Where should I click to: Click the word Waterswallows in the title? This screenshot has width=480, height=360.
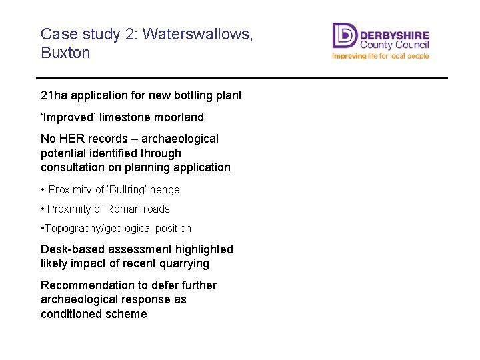click(x=197, y=34)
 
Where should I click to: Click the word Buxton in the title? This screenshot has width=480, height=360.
click(x=65, y=53)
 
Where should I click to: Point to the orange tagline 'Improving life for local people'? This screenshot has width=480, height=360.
click(x=381, y=57)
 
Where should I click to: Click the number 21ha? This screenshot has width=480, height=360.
click(x=54, y=95)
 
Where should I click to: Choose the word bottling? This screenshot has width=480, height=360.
click(x=195, y=95)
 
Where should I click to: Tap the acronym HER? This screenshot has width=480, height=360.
click(x=71, y=139)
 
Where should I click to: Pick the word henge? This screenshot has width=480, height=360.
click(x=165, y=189)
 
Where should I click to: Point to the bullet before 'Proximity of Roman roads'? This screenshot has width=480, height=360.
click(x=43, y=209)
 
